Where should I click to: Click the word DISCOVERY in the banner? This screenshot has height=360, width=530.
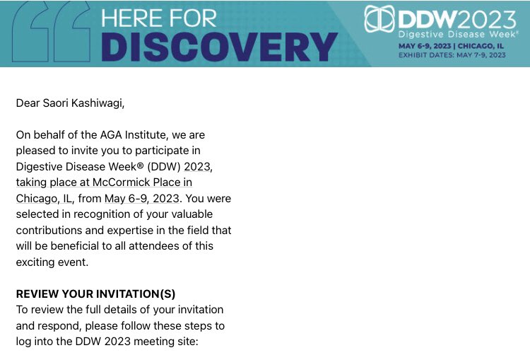point(219,47)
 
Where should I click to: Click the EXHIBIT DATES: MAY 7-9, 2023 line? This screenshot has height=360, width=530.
point(452,54)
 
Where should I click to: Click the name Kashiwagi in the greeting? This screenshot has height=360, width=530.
point(101,103)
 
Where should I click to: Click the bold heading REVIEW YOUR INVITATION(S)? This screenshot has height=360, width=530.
point(95,294)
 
